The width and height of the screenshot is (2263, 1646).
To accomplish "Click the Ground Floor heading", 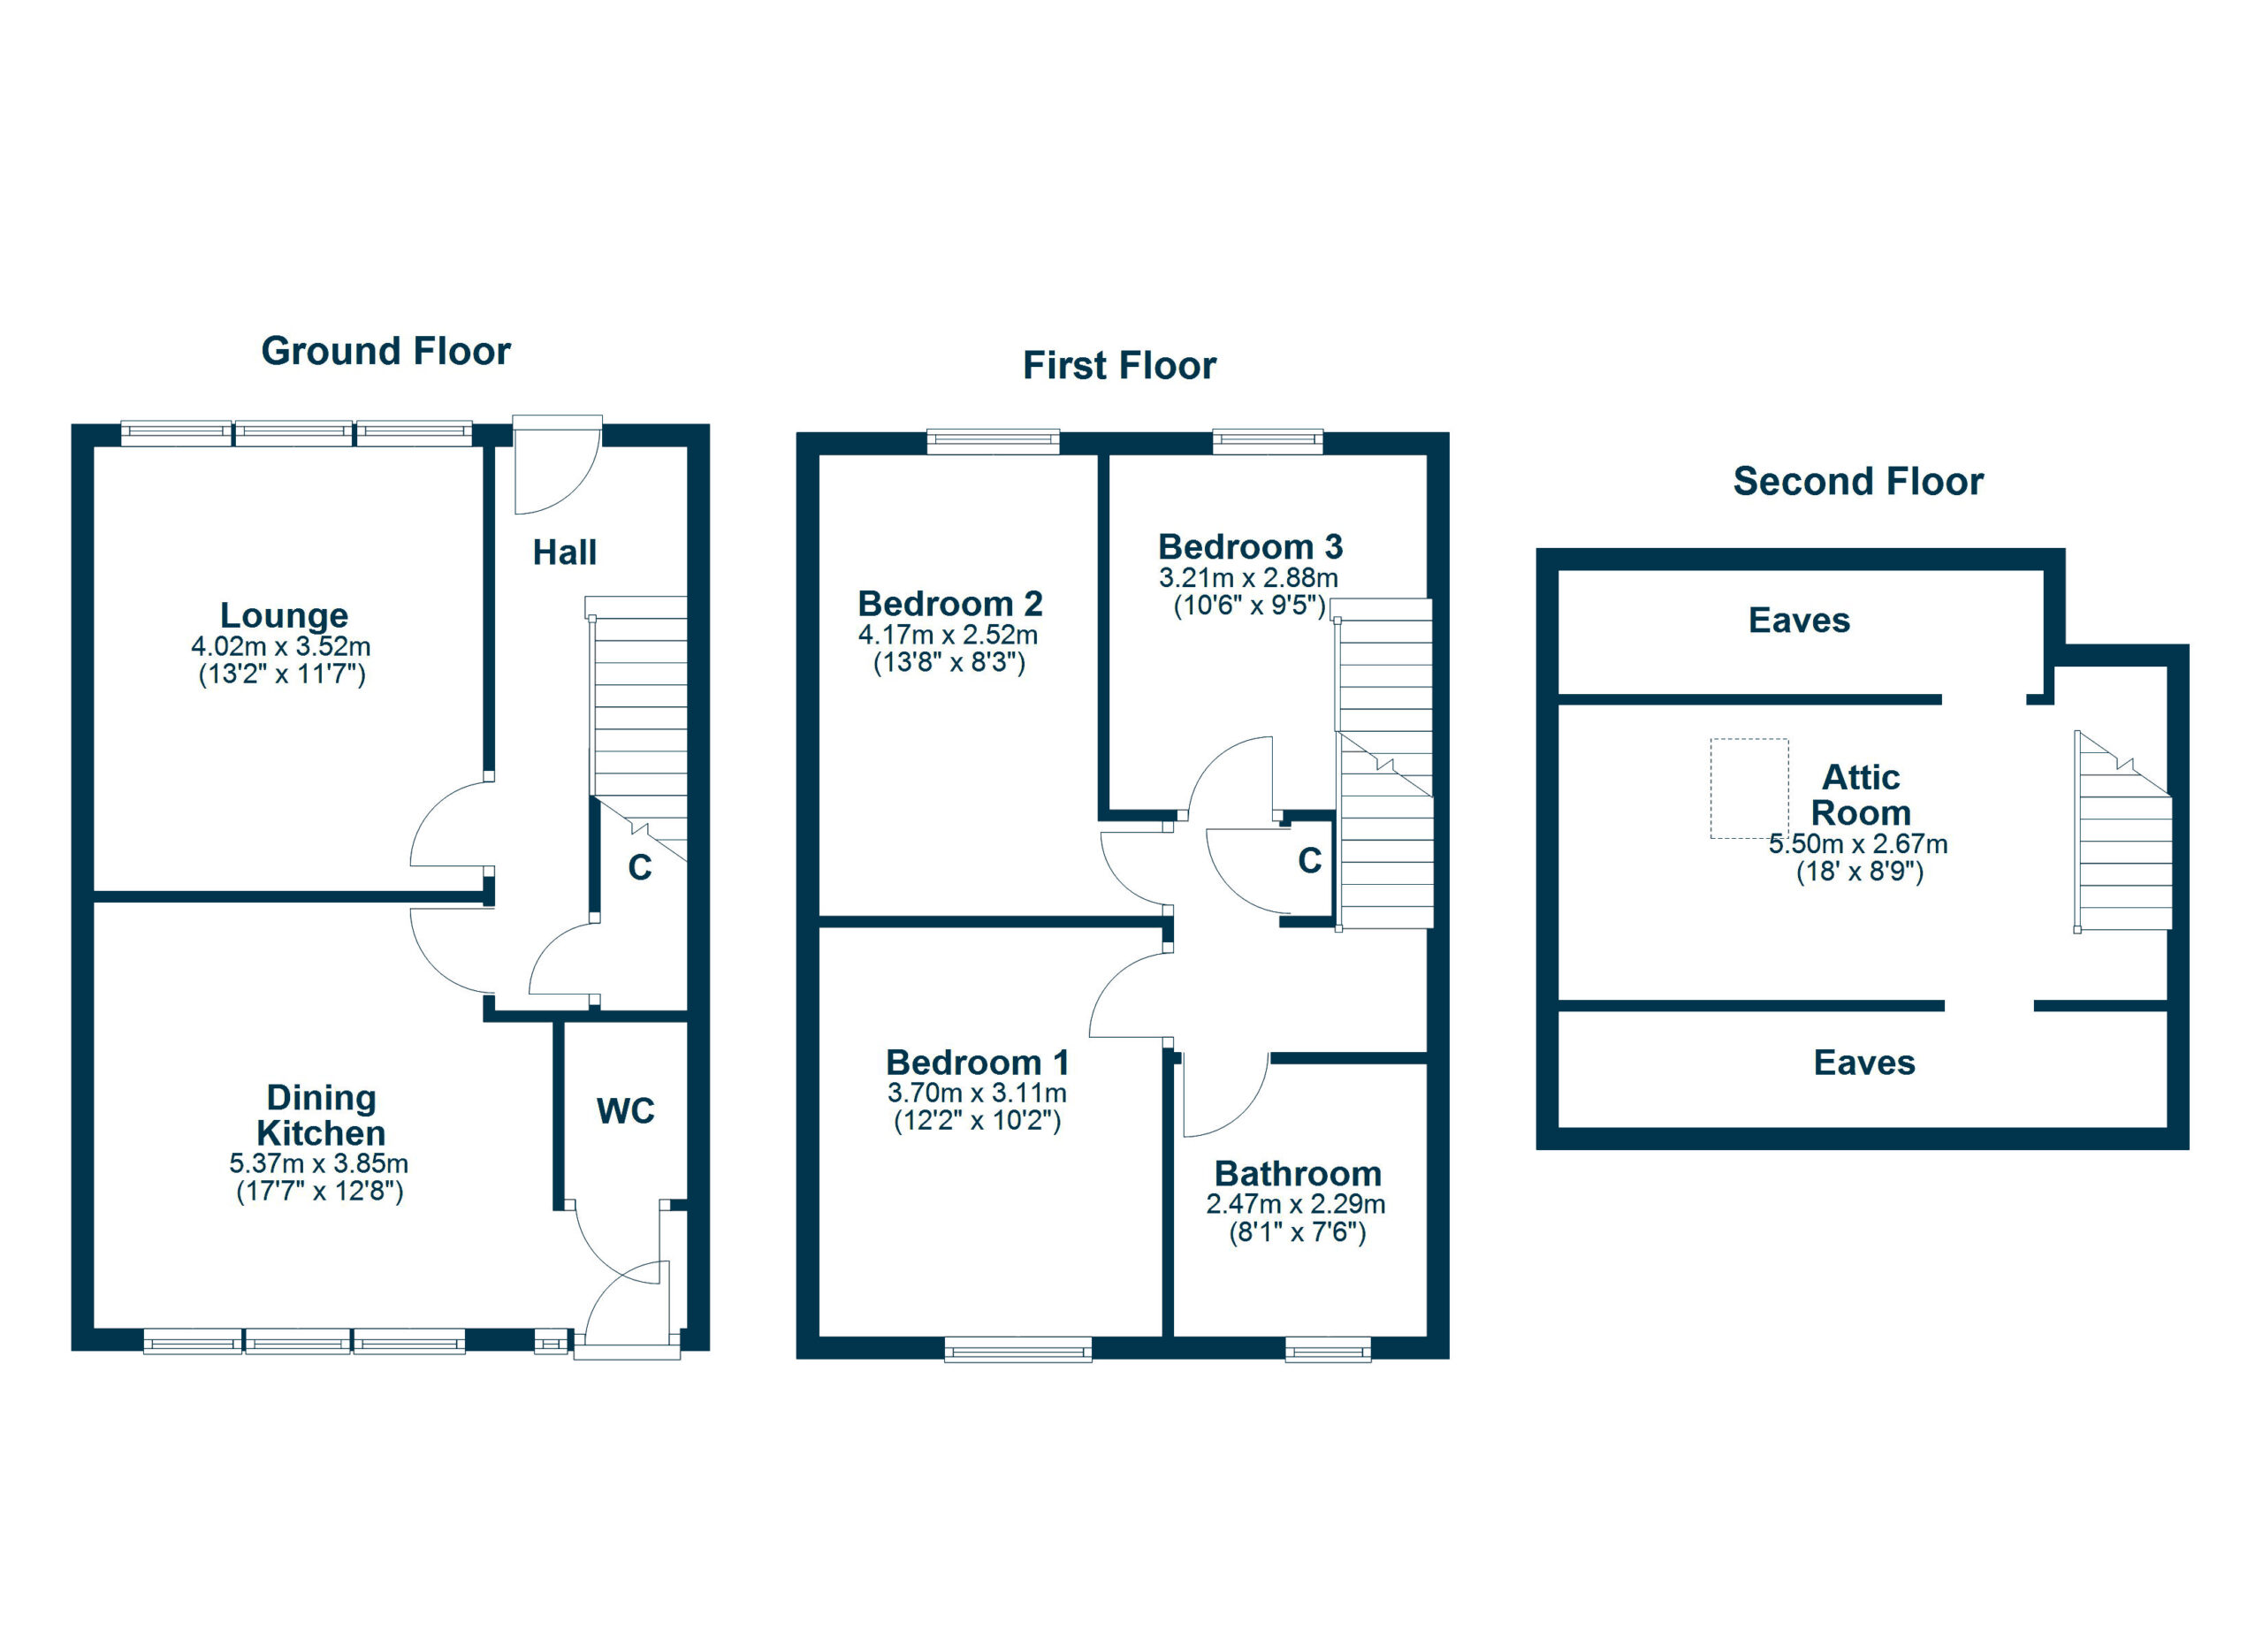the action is (386, 351).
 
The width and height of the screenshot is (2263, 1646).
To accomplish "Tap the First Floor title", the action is (1119, 366).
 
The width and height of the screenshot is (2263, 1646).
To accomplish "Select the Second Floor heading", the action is (1859, 482).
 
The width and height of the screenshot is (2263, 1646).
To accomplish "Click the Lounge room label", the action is (285, 615).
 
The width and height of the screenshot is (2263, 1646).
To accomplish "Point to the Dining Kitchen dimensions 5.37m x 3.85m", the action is (319, 1163).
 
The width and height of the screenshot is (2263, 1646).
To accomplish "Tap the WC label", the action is (626, 1110).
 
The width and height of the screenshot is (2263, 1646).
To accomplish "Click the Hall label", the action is (565, 552).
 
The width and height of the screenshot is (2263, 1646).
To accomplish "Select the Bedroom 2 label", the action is (950, 604).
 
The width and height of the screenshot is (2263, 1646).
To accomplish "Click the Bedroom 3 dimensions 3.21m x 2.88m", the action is (1248, 577).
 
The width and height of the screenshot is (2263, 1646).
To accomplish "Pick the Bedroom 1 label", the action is (977, 1062).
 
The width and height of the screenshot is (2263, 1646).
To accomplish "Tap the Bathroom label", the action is (1299, 1173).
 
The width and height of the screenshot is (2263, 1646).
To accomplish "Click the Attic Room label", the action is (1861, 795).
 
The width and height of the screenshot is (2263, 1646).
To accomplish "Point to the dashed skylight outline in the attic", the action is (1750, 789).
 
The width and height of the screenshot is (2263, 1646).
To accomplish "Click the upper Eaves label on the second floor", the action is (1799, 621).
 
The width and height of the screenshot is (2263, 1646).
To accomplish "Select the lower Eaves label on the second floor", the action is (1865, 1063).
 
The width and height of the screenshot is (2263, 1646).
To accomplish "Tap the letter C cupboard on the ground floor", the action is (640, 868).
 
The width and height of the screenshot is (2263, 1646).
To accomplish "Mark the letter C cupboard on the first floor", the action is (1310, 860).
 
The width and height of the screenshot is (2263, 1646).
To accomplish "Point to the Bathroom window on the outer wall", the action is (1328, 1350).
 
